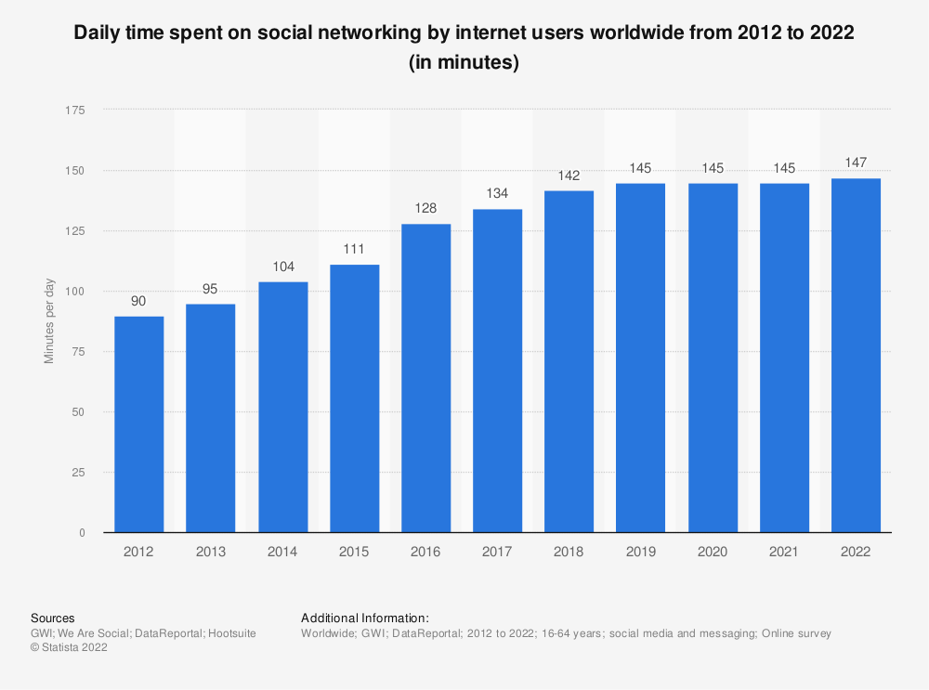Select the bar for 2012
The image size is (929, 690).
[139, 424]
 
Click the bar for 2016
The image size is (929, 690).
[425, 378]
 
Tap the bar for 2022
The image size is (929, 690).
[856, 356]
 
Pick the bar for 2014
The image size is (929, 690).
[282, 407]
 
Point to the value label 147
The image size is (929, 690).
[856, 163]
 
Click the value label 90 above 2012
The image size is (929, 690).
[139, 302]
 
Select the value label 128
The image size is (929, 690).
[425, 210]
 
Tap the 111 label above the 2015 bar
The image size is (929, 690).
[354, 250]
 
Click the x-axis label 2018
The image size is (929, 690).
[569, 551]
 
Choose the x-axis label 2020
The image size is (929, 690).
[713, 551]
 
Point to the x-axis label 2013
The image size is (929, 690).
[211, 551]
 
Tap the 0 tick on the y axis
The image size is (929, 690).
[82, 533]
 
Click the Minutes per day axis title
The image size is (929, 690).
[50, 320]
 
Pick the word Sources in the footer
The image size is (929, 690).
[53, 618]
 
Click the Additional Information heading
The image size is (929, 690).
[364, 618]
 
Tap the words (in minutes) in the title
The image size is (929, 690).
[464, 64]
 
